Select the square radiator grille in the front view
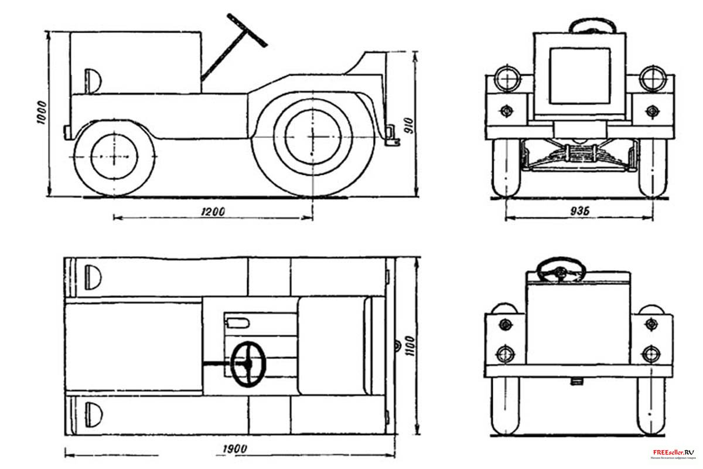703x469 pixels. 580,76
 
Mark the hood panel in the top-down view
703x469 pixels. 132,345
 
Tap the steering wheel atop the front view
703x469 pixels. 592,26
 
